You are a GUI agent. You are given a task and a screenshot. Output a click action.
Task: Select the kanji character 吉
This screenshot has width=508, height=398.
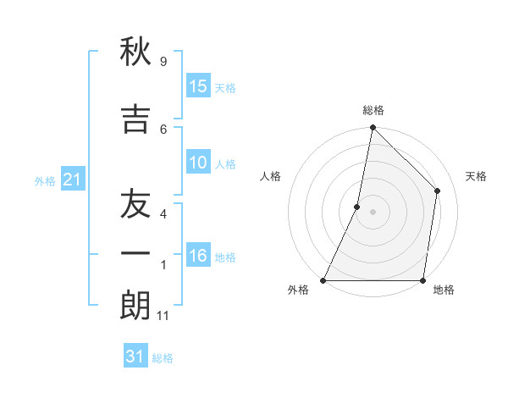[135, 119]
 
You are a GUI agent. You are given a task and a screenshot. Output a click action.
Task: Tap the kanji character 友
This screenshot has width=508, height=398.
[135, 204]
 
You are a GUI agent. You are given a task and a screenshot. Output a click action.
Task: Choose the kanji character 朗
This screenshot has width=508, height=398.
[135, 305]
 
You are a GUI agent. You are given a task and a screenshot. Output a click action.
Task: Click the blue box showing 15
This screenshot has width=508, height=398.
[198, 86]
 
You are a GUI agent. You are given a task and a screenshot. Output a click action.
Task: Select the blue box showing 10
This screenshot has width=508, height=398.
[198, 163]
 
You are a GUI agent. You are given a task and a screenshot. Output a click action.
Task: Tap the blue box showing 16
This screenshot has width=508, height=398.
[198, 256]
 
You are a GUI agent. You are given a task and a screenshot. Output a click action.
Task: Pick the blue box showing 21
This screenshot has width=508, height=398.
[73, 180]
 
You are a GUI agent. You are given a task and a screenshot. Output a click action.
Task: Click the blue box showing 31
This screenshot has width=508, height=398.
[135, 357]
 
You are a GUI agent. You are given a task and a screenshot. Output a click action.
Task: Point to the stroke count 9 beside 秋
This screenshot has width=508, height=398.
[163, 62]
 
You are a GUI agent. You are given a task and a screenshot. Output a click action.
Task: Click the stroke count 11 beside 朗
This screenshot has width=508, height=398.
[163, 316]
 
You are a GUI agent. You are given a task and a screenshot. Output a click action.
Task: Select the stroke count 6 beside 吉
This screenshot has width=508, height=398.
[163, 129]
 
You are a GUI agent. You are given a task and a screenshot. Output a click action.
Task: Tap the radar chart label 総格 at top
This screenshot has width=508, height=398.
[373, 110]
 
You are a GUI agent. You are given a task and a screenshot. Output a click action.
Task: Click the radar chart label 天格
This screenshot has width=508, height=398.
[477, 176]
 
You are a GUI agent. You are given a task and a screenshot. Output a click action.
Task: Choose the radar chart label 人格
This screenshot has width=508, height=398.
[270, 176]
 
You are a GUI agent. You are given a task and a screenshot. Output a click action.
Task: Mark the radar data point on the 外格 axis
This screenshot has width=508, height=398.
[323, 280]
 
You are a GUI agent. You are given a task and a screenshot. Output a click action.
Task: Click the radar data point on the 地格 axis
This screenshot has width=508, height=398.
[423, 280]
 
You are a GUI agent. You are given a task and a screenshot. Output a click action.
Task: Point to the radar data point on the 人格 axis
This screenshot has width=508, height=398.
[357, 207]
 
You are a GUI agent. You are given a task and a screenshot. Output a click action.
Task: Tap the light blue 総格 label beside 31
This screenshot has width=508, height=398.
[163, 358]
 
